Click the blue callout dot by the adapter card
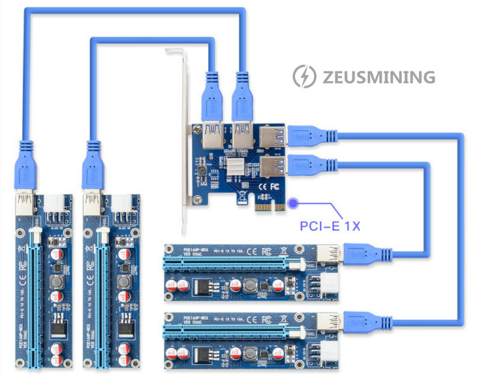coord(294,201)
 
